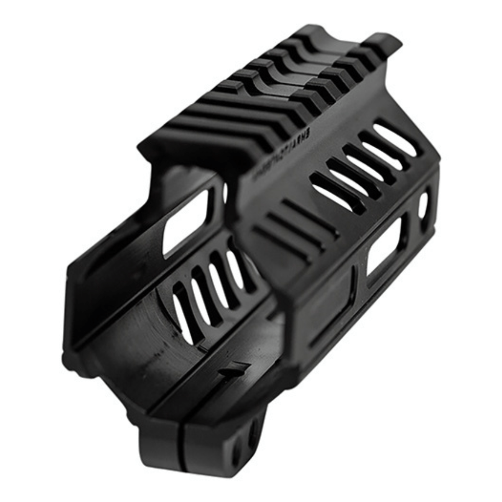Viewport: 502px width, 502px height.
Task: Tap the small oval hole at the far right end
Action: pos(423,205)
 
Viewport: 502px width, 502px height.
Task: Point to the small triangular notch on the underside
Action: pos(232,368)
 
